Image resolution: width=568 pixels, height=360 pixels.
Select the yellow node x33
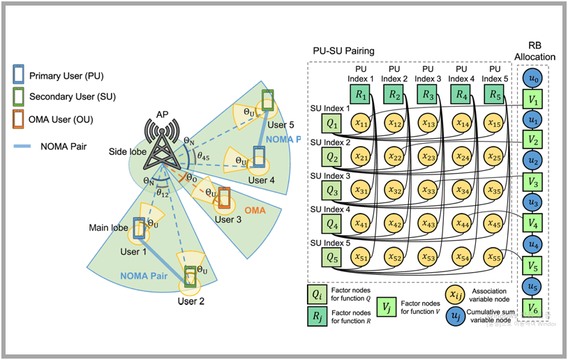pos(428,191)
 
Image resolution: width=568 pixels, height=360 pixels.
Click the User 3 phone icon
pos(224,199)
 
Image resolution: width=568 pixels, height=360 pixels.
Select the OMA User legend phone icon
pos(17,119)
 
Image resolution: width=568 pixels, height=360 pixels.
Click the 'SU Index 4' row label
pos(331,209)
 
